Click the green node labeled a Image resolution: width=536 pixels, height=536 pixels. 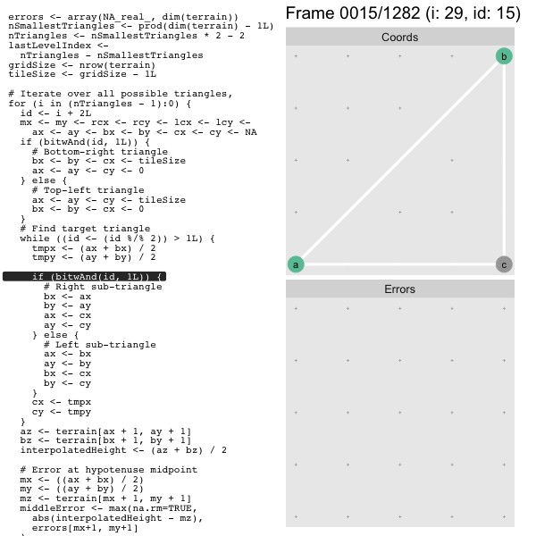click(x=296, y=264)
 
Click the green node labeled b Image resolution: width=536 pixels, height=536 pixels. click(x=504, y=56)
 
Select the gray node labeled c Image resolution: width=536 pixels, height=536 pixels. click(x=504, y=264)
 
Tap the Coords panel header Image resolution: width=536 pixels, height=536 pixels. click(x=400, y=37)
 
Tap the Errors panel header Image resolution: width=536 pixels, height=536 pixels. click(x=400, y=289)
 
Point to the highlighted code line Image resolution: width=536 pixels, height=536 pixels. click(x=85, y=277)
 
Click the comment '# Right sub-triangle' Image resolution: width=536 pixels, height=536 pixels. click(x=103, y=287)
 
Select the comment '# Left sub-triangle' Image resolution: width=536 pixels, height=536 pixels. click(x=100, y=345)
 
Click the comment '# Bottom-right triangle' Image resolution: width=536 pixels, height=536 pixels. click(x=100, y=152)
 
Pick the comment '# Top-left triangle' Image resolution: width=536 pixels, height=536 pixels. click(x=88, y=190)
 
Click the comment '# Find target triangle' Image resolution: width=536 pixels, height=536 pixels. click(x=85, y=229)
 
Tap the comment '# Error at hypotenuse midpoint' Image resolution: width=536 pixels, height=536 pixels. click(x=109, y=470)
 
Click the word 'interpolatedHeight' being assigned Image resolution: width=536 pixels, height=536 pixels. click(x=73, y=450)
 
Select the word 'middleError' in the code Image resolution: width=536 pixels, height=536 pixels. click(x=53, y=508)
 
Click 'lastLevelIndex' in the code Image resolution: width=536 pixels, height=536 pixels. click(x=49, y=46)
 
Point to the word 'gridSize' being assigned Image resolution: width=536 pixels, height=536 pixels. click(x=32, y=65)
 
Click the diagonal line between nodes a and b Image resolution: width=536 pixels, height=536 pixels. click(x=400, y=160)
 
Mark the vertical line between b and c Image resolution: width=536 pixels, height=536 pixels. click(x=504, y=160)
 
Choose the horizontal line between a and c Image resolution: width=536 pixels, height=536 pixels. click(x=400, y=264)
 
